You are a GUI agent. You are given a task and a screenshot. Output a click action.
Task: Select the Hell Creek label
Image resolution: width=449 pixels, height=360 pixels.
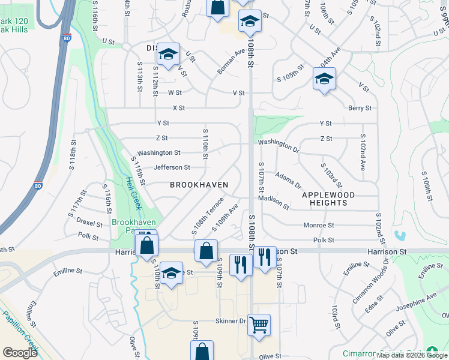[x=134, y=193]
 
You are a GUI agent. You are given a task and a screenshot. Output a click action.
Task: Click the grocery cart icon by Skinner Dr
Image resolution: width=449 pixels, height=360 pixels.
[x=259, y=325]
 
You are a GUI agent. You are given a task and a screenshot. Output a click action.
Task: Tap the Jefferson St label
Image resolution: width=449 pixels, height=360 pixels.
[x=172, y=167]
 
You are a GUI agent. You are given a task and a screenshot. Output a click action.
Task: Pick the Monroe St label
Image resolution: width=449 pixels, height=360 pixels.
[x=318, y=226]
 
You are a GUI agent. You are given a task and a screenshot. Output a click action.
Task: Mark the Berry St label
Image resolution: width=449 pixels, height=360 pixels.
[x=360, y=108]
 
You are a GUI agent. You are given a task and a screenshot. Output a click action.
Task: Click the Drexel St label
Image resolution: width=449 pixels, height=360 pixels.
[x=88, y=221]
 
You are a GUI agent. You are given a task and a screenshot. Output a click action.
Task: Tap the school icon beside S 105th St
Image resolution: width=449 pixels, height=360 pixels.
[x=324, y=79]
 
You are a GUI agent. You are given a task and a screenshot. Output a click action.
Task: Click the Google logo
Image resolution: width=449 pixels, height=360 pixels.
[x=20, y=353]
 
